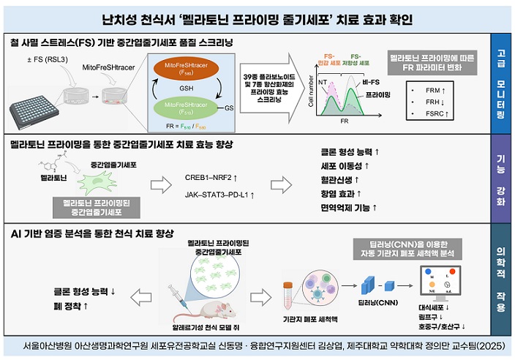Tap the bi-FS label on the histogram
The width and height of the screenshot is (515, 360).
[x=371, y=82]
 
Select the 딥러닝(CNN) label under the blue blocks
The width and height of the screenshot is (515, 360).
[x=380, y=301]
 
